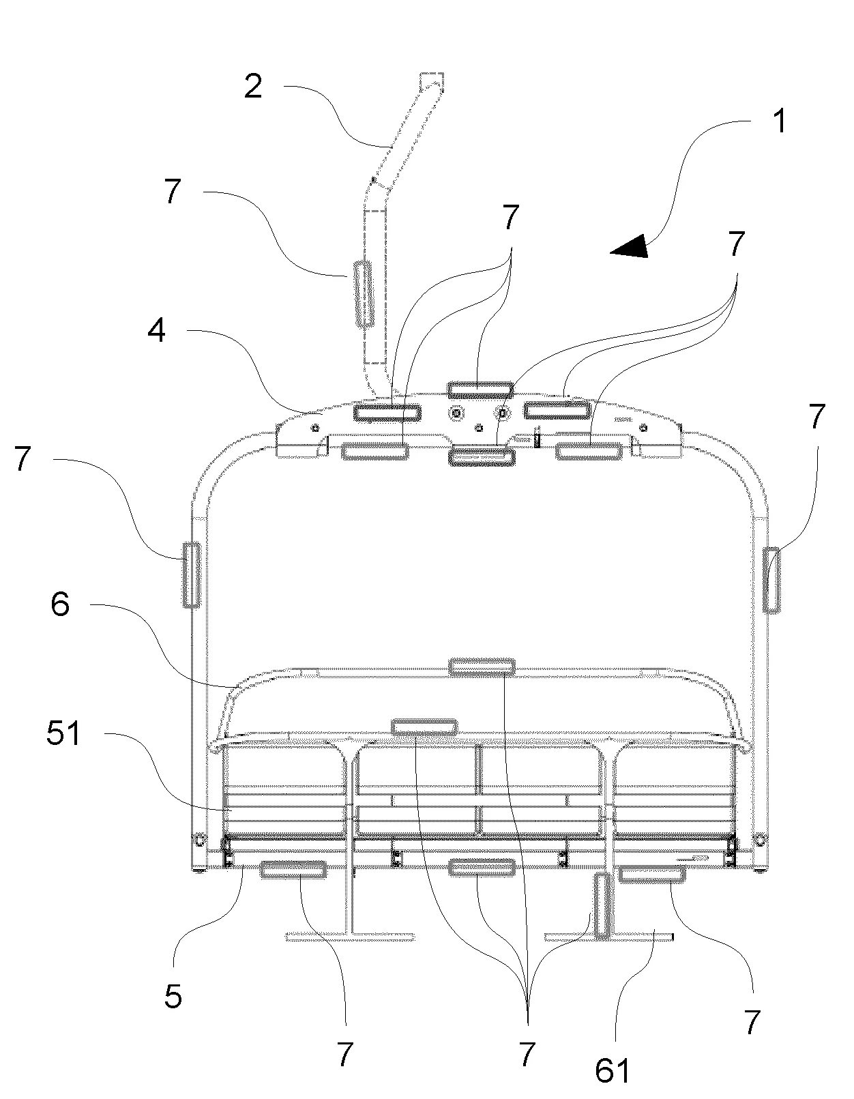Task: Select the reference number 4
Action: point(156,332)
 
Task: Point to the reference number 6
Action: point(60,604)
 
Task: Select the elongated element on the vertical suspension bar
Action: point(364,294)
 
